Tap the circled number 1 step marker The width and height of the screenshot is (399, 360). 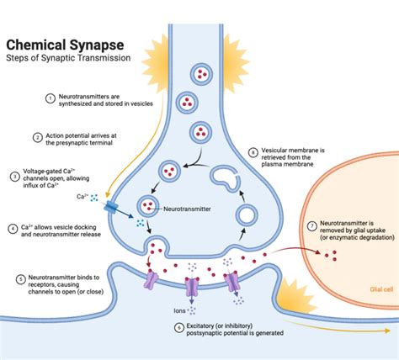click(x=26, y=98)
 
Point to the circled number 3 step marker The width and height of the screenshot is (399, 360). click(x=15, y=176)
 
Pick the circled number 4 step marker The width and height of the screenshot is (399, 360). click(x=15, y=228)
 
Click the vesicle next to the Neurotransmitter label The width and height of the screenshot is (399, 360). click(x=149, y=205)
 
